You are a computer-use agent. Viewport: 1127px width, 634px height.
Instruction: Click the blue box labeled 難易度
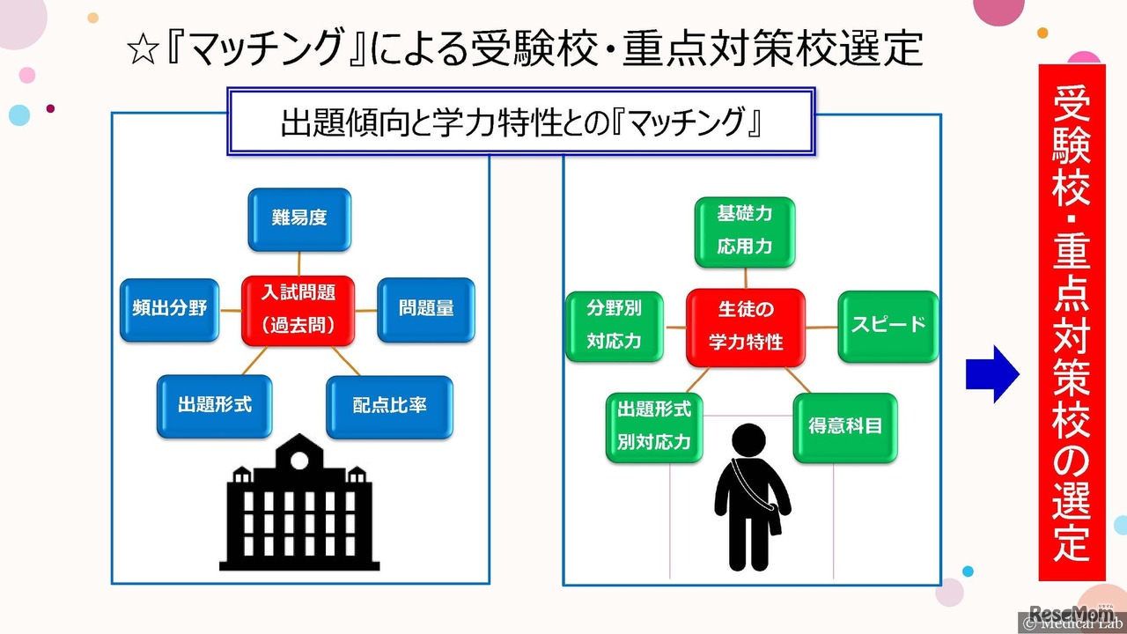(299, 218)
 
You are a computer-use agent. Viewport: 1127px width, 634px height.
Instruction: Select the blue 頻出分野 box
(169, 309)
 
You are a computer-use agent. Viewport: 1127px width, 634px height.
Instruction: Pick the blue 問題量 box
(426, 309)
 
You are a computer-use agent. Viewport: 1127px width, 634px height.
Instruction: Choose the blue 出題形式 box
(215, 405)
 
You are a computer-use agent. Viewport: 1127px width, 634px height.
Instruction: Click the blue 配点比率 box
(389, 407)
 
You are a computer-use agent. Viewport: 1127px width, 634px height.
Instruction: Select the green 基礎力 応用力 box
(745, 232)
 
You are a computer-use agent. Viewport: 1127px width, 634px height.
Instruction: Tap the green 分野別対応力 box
(614, 326)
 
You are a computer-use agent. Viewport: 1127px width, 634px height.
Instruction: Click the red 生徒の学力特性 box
(746, 326)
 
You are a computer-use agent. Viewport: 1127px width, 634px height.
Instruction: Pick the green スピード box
(888, 326)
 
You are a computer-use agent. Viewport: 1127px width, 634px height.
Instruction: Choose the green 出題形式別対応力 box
(654, 427)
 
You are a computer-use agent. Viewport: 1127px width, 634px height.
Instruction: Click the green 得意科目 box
(845, 427)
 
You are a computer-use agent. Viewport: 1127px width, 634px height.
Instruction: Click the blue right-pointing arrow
(992, 373)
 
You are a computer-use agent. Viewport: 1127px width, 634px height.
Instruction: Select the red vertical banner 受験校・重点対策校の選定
(1072, 322)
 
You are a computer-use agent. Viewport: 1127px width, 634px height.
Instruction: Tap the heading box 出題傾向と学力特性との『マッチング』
(520, 122)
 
